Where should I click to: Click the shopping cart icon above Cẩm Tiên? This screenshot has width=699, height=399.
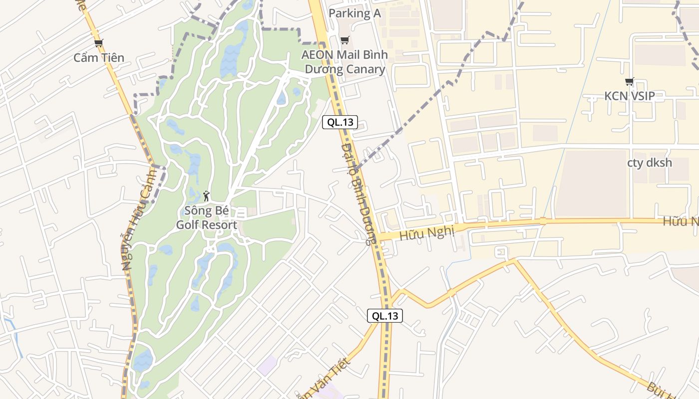pyautogui.click(x=99, y=43)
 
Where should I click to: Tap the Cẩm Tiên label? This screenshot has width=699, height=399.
pyautogui.click(x=99, y=58)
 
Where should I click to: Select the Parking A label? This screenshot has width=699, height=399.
pyautogui.click(x=354, y=13)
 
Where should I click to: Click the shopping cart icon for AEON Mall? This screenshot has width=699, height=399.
pyautogui.click(x=345, y=40)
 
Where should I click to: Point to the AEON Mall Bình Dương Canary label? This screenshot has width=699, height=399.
pyautogui.click(x=344, y=62)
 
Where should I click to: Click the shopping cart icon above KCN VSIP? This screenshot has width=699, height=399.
pyautogui.click(x=630, y=82)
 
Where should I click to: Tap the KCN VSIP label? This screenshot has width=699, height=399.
pyautogui.click(x=630, y=96)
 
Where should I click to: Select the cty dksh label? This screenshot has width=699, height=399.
pyautogui.click(x=650, y=163)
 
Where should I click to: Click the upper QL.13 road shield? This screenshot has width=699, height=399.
pyautogui.click(x=340, y=122)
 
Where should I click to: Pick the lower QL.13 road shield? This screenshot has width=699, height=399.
pyautogui.click(x=385, y=316)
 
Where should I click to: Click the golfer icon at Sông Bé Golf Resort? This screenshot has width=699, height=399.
pyautogui.click(x=206, y=196)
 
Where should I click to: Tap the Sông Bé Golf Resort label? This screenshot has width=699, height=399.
pyautogui.click(x=206, y=218)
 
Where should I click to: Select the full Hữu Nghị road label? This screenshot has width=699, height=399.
pyautogui.click(x=427, y=232)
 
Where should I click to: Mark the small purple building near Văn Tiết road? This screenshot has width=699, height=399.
pyautogui.click(x=267, y=366)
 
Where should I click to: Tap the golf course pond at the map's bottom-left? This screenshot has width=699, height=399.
pyautogui.click(x=142, y=360)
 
